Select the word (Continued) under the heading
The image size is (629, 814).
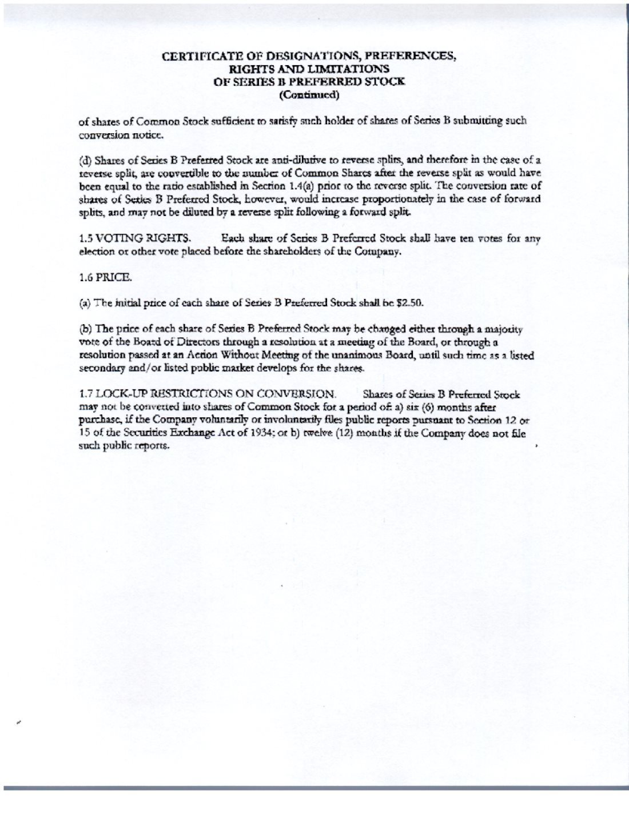coord(309,95)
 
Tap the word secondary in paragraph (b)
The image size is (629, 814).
coord(98,368)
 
